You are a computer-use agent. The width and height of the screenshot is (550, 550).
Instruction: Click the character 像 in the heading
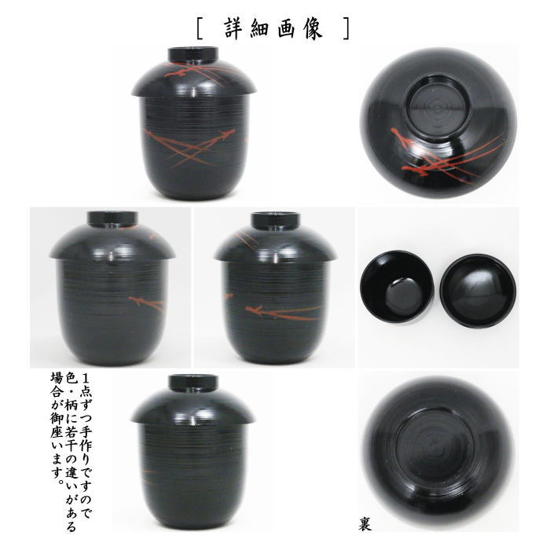(321, 28)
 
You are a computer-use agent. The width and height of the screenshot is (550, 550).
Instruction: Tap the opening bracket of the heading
(201, 28)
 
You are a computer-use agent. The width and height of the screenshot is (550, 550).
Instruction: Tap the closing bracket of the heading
(346, 28)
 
